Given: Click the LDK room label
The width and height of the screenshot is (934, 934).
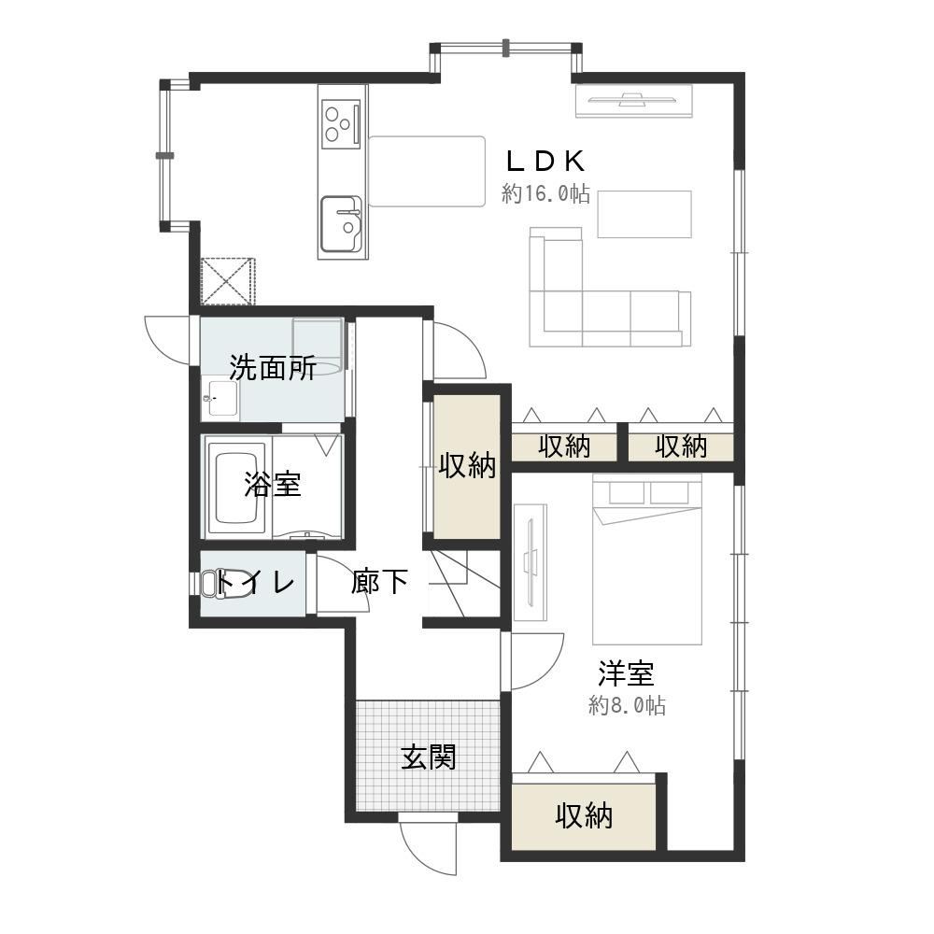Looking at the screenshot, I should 545,162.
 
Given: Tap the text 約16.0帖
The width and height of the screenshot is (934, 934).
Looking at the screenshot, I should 545,194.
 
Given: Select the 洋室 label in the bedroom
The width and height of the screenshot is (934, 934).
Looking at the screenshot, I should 626,672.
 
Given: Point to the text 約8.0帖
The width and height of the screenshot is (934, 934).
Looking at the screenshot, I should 627,706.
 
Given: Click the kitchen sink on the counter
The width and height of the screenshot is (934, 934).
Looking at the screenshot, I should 341,225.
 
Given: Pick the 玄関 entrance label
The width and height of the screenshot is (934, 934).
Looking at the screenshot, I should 429,757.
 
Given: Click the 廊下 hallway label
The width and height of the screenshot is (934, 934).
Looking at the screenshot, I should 379,582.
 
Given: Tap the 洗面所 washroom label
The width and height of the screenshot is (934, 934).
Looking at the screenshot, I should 273,368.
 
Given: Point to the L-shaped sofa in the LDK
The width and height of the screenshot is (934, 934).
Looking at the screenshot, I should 598,299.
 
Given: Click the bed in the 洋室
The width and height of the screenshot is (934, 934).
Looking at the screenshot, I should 646,560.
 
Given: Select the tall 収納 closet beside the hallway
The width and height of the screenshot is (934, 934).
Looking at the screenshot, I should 467,464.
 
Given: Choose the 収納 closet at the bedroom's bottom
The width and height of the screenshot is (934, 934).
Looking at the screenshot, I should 585,815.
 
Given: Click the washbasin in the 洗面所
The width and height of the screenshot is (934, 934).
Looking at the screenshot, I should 219,400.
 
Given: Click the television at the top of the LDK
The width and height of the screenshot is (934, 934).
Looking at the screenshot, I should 633,101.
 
